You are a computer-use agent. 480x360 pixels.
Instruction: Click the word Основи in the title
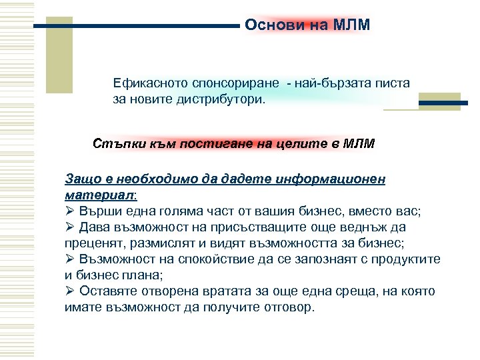[267, 25]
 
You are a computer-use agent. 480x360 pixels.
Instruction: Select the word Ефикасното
[146, 85]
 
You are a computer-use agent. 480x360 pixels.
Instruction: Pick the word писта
[394, 85]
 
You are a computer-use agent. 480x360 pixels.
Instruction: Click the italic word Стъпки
[114, 143]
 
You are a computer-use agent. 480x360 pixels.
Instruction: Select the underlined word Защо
[79, 179]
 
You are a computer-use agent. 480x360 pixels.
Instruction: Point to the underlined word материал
[99, 195]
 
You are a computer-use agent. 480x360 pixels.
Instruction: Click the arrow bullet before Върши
[70, 211]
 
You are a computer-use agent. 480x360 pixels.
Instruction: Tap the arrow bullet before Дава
[70, 227]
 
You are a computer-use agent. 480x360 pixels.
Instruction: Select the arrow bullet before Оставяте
[70, 291]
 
